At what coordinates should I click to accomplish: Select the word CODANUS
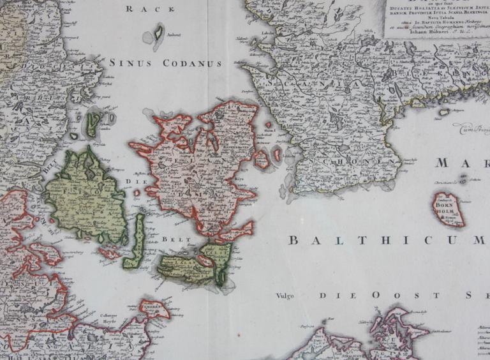[192, 63]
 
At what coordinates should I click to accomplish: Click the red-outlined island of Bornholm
[449, 210]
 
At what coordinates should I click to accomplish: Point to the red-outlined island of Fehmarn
[154, 309]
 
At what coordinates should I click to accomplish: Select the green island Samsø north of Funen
[93, 123]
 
